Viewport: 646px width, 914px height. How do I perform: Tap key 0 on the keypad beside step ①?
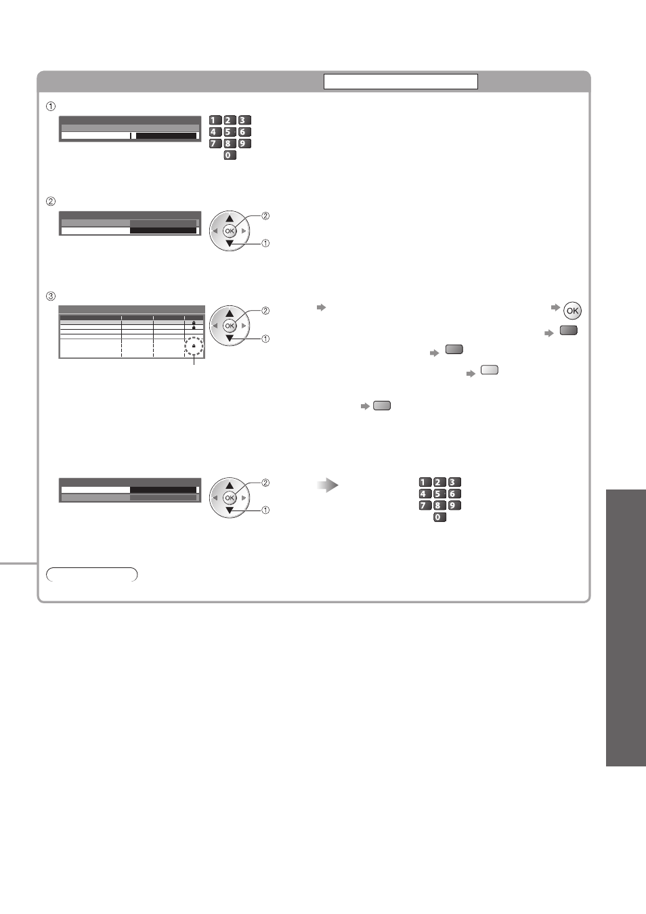pos(230,155)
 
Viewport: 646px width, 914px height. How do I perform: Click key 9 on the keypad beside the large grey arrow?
pos(454,506)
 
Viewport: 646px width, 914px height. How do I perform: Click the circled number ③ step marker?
pos(51,297)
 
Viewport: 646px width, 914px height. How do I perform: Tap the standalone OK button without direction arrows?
pos(572,311)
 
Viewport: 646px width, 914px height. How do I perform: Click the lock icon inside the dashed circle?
pos(194,345)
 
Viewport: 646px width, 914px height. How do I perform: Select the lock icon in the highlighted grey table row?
pos(194,322)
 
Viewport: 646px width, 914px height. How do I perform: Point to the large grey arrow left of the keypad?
pos(328,485)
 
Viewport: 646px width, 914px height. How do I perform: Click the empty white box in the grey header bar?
pos(401,82)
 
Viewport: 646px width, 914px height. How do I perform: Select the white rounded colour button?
pos(490,370)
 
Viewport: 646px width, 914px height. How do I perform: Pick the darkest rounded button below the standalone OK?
pos(568,330)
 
